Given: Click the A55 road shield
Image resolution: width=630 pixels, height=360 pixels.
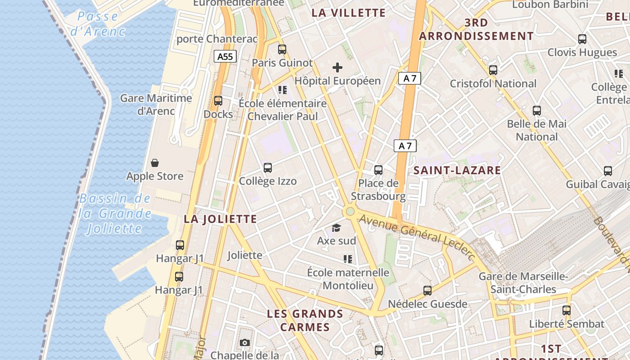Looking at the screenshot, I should tap(225, 56).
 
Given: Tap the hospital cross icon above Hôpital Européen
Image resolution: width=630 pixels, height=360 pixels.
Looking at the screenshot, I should tap(337, 68).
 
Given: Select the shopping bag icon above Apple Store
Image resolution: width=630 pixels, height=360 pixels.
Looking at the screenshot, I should tap(155, 163).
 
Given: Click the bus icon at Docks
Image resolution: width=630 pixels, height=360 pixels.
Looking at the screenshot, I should tap(218, 101).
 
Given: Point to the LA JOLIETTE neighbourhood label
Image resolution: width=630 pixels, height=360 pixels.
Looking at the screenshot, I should tap(220, 219).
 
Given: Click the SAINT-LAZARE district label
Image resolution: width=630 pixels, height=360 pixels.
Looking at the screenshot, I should tap(457, 170).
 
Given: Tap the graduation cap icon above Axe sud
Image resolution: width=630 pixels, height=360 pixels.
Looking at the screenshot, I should tap(336, 228).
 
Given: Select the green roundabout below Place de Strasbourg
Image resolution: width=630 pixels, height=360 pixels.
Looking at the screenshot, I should tap(350, 211).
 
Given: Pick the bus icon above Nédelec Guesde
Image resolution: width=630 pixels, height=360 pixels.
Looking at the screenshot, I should tap(427, 291).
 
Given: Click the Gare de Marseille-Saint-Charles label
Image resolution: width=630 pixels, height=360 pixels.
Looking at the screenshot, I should tap(523, 283).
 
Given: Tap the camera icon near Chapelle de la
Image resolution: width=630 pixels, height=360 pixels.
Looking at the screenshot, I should tap(244, 343).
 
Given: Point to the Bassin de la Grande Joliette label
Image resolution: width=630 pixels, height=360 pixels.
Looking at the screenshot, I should tap(116, 213).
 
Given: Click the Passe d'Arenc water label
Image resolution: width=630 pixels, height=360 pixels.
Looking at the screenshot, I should tap(98, 24).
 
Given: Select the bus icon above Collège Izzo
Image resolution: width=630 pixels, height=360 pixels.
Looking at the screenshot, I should tap(268, 168).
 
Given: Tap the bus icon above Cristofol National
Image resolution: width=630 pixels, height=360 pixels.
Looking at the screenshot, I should tap(493, 70).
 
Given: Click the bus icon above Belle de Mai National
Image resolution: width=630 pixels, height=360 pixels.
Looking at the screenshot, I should tap(537, 111).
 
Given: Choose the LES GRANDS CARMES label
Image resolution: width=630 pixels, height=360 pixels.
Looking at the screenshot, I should tap(305, 320).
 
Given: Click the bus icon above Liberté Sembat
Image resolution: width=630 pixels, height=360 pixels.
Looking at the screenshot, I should tap(567, 310).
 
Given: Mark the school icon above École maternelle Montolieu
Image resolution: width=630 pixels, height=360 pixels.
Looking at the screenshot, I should tap(348, 259).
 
